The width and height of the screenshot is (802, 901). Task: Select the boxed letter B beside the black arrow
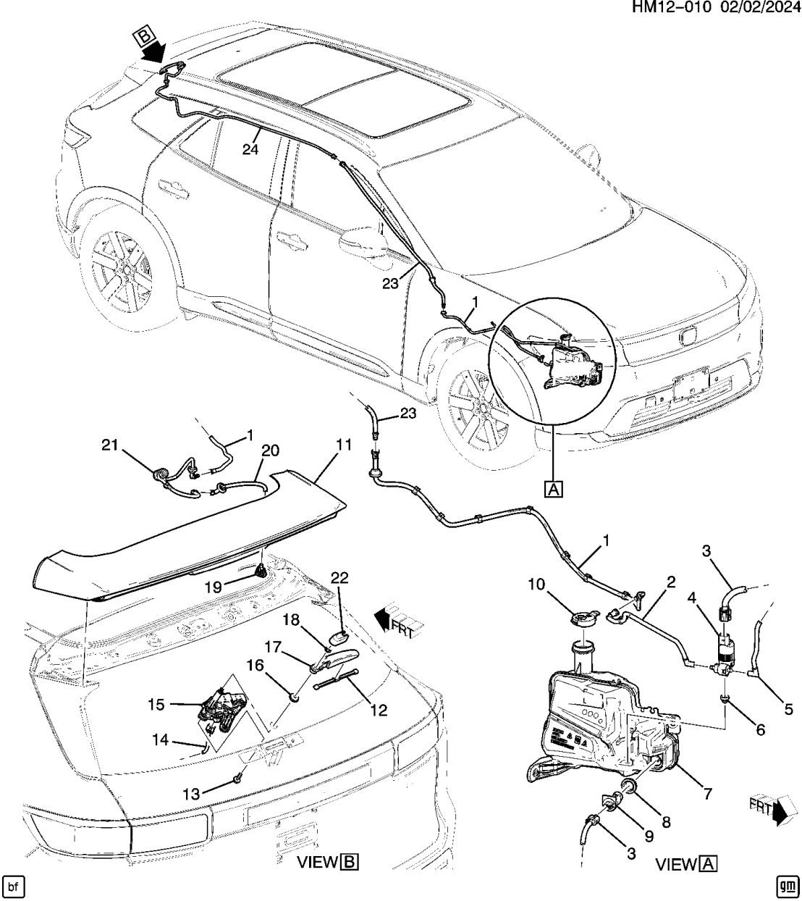point(143,35)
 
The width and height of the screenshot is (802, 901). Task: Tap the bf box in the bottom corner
point(14,887)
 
